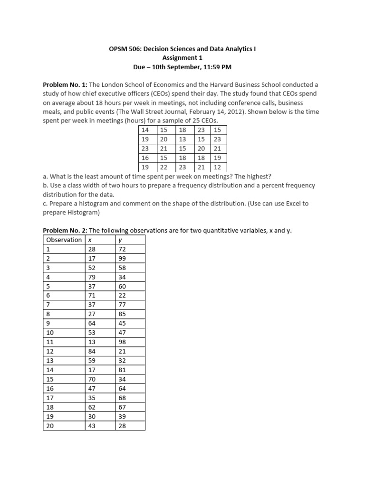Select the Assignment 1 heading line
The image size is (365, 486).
coord(182,58)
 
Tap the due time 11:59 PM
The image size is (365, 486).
coord(216,67)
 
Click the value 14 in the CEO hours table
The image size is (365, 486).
coord(145,130)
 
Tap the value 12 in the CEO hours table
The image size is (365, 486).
coord(217,167)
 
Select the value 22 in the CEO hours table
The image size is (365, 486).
coord(163,167)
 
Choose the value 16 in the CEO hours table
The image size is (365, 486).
coord(145,158)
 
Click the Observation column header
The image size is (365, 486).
coord(64,240)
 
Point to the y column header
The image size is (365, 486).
coord(120,240)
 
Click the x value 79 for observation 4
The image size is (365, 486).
coord(92,277)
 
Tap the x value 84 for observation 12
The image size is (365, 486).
coord(92,351)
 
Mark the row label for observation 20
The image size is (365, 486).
coord(50,426)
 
